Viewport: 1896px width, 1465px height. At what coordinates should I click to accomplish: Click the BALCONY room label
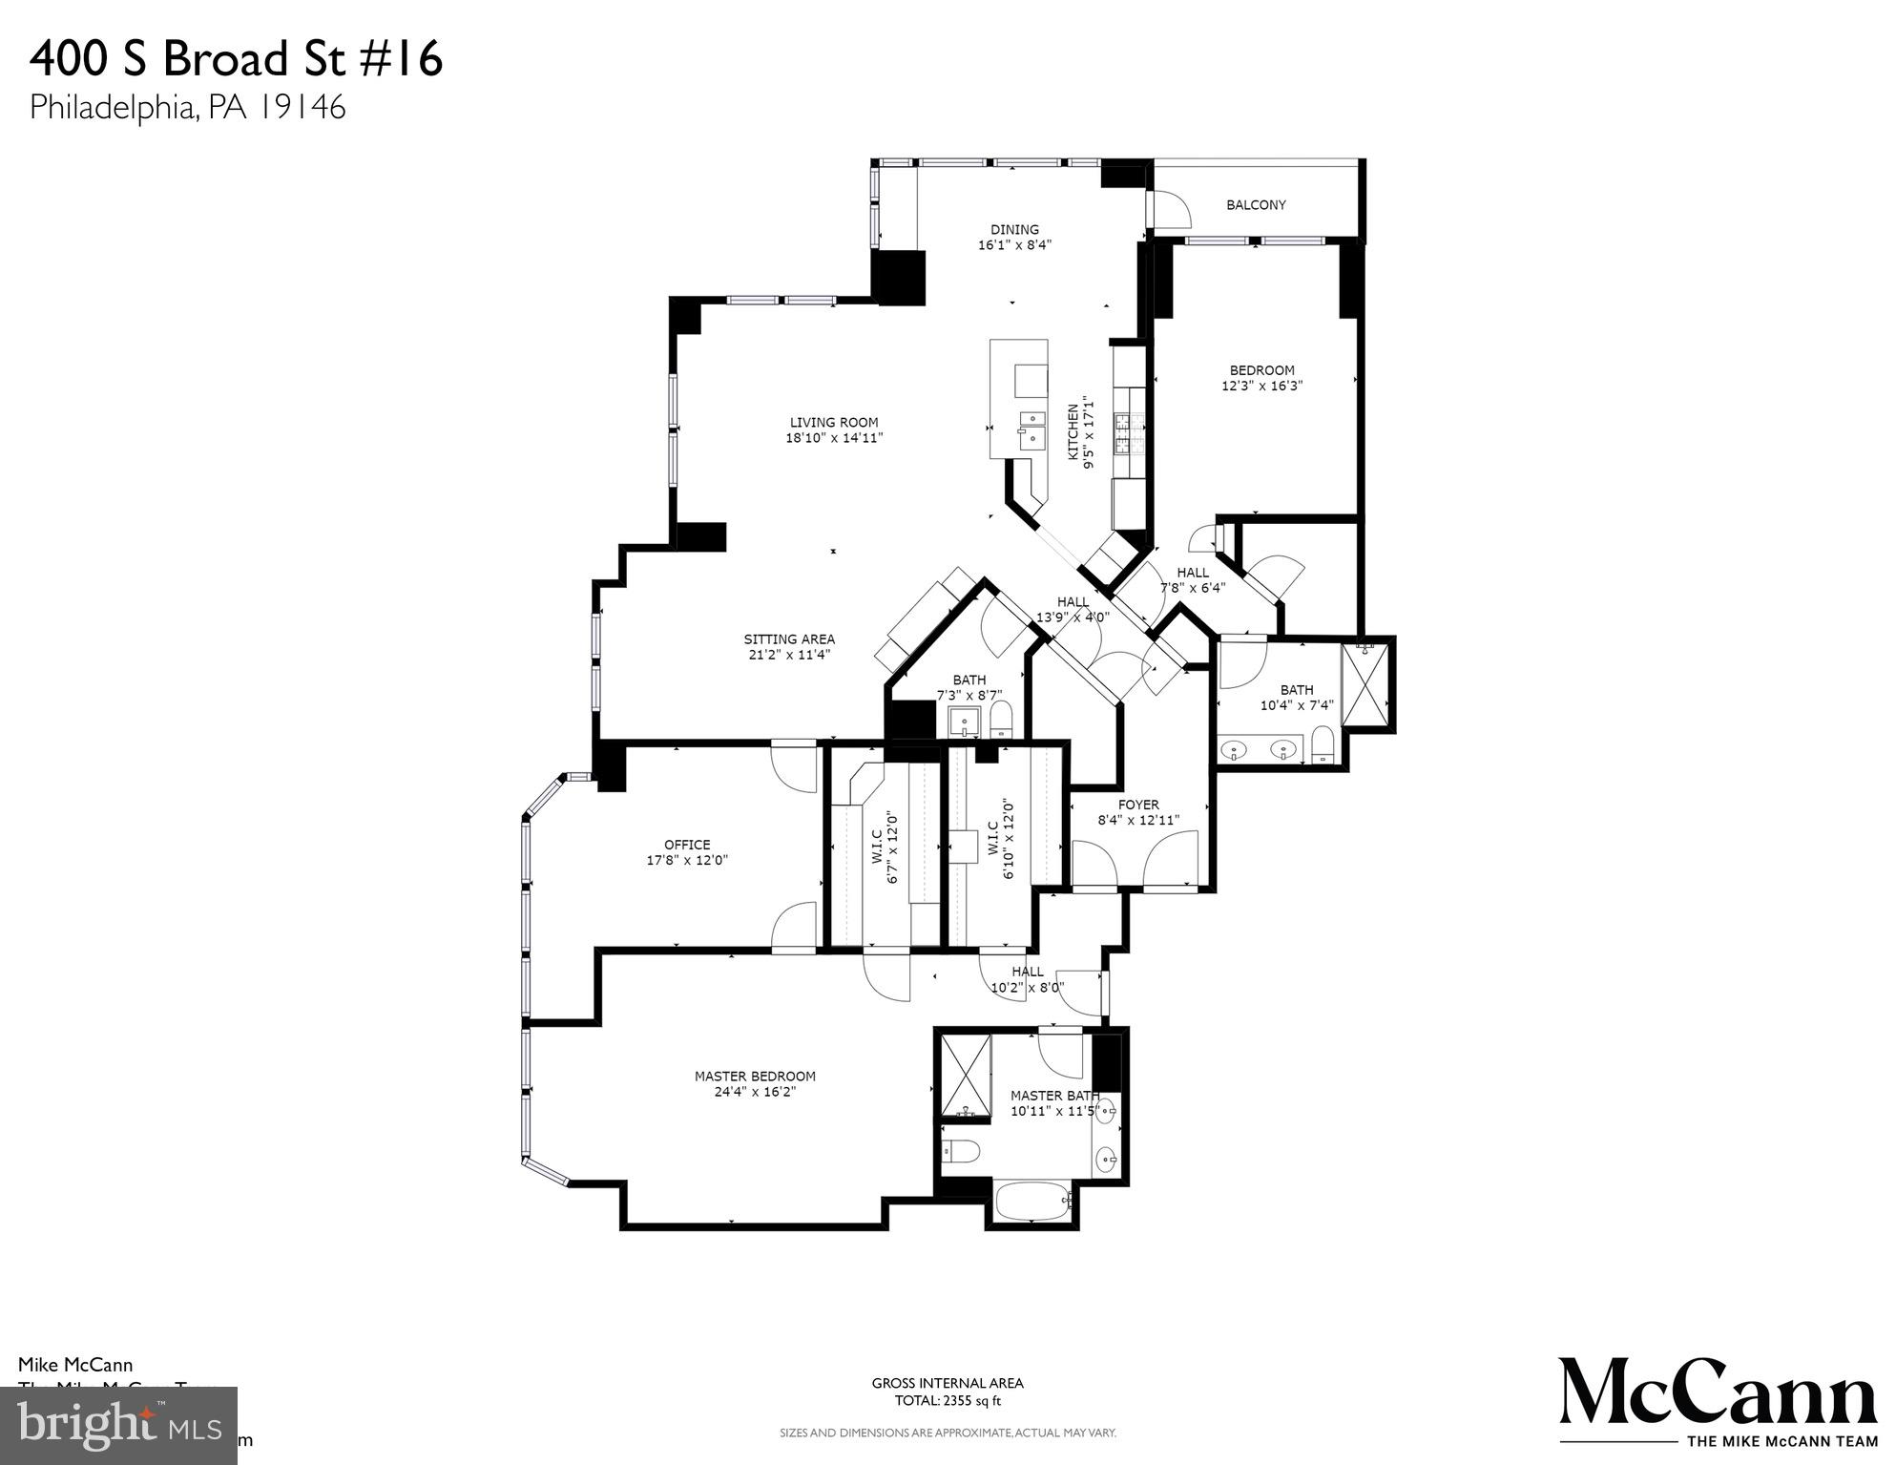pyautogui.click(x=1255, y=205)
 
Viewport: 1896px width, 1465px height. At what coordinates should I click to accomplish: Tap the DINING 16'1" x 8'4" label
pyautogui.click(x=1013, y=237)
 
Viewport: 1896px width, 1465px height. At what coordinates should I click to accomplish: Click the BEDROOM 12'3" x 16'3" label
pyautogui.click(x=1261, y=378)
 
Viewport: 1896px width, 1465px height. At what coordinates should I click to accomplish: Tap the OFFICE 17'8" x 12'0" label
pyautogui.click(x=687, y=852)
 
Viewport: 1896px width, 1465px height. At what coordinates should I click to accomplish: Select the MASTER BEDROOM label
pyautogui.click(x=755, y=1084)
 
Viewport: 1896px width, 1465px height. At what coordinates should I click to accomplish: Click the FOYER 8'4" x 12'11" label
pyautogui.click(x=1137, y=812)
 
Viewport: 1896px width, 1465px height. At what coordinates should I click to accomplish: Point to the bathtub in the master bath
pyautogui.click(x=1033, y=1202)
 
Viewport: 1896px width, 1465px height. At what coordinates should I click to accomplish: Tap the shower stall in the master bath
pyautogui.click(x=966, y=1075)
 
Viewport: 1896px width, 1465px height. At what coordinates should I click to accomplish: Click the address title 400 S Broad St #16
pyautogui.click(x=237, y=59)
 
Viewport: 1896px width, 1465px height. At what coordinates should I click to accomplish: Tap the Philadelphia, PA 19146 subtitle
pyautogui.click(x=187, y=107)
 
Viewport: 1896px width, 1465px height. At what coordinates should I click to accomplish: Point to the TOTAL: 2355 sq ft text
pyautogui.click(x=947, y=1402)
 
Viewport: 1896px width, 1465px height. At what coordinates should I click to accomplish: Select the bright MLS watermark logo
pyautogui.click(x=118, y=1426)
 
